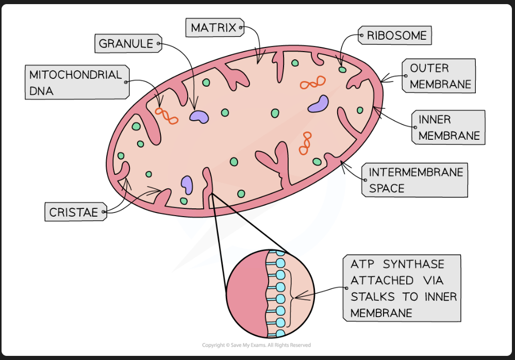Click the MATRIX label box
click(x=213, y=27)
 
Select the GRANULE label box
click(x=126, y=44)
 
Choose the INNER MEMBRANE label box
click(x=448, y=127)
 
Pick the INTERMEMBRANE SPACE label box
click(x=415, y=180)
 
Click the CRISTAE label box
click(x=74, y=212)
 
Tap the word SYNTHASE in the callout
click(x=413, y=264)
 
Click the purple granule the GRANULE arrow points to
click(x=199, y=117)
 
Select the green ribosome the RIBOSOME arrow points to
click(x=342, y=69)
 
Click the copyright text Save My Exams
click(x=256, y=345)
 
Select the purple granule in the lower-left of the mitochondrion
click(x=186, y=184)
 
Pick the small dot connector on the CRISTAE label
click(x=104, y=212)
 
